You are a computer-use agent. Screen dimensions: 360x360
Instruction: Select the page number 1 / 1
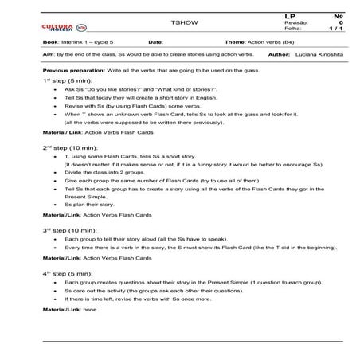(334, 29)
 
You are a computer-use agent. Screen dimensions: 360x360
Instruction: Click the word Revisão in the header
(295, 23)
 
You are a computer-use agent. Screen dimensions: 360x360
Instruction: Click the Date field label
(155, 42)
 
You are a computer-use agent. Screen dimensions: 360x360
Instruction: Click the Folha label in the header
(292, 29)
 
